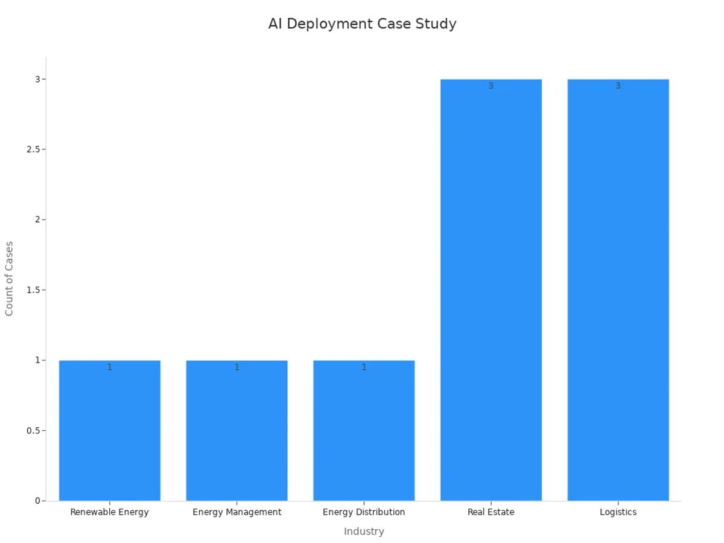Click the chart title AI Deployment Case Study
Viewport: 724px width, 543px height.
pos(362,24)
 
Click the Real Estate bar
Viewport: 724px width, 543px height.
pos(491,290)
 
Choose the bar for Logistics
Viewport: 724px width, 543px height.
pos(618,290)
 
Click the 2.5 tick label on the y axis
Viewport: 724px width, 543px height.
pos(33,150)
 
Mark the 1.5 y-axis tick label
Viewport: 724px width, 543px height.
pos(33,290)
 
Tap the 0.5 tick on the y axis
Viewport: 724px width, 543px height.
pos(33,431)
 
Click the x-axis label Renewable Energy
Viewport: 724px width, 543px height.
pos(109,512)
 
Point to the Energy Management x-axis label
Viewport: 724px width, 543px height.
pos(237,512)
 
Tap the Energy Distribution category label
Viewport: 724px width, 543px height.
pos(364,512)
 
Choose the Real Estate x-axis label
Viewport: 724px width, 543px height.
pos(491,512)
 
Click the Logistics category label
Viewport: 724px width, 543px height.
pos(618,512)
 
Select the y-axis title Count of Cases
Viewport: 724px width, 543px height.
pos(9,278)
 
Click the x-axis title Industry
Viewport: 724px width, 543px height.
pos(364,532)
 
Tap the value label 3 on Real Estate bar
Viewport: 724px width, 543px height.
pos(491,86)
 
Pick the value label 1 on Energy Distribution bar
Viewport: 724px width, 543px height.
pos(364,367)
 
